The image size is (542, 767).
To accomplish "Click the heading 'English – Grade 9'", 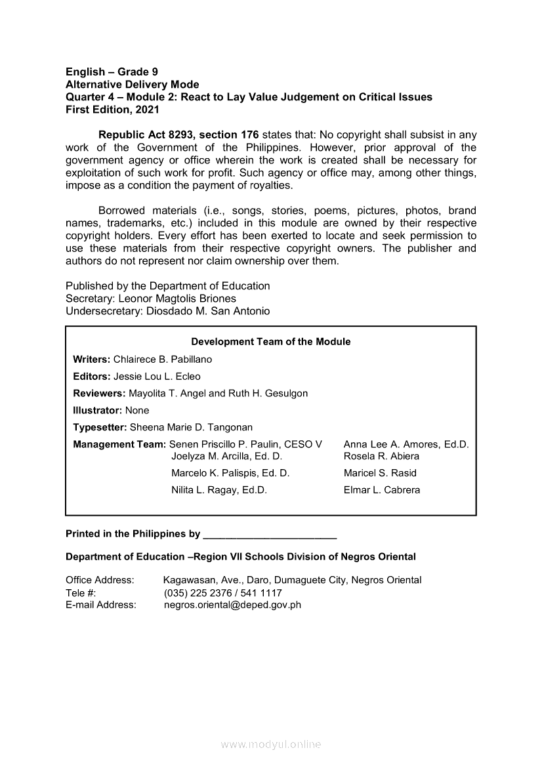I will click(x=112, y=72).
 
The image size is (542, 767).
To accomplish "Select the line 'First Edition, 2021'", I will click(x=112, y=110).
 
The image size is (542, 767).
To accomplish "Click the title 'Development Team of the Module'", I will click(x=270, y=342).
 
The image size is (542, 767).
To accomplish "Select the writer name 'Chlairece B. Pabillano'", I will click(x=163, y=360).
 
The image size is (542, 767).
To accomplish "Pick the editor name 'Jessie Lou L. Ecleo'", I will click(x=157, y=377).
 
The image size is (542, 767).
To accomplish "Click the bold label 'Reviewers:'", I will click(x=99, y=394).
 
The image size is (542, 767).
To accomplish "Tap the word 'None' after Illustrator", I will click(x=137, y=411).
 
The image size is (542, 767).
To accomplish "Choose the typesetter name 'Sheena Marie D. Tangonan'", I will click(x=191, y=428).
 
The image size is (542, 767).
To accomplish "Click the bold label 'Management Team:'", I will click(x=119, y=445).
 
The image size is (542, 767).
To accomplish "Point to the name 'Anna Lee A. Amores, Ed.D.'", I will click(x=406, y=445).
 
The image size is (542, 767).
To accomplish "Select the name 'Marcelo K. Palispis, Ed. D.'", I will click(x=230, y=473).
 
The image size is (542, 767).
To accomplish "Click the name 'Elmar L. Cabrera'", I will click(x=382, y=490).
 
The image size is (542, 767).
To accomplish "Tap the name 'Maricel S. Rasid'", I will click(x=380, y=473).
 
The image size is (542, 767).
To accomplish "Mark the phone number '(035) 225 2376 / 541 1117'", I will click(x=222, y=592).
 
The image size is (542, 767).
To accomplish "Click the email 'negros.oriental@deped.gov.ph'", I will click(x=232, y=605).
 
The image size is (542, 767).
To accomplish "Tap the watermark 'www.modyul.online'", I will click(x=271, y=745).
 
